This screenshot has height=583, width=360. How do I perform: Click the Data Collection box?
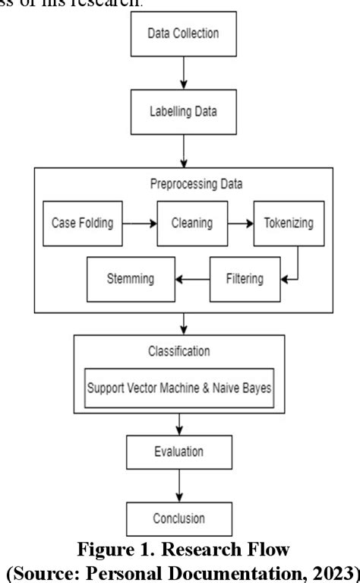click(183, 34)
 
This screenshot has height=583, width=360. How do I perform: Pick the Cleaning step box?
click(191, 223)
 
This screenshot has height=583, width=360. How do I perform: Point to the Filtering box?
click(244, 278)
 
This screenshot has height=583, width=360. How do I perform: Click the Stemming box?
click(131, 278)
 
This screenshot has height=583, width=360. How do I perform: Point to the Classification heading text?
click(180, 352)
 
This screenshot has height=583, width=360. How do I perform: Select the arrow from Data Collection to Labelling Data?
click(183, 70)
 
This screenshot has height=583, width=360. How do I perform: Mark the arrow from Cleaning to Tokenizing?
click(239, 223)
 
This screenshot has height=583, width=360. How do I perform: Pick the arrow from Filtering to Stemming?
click(192, 278)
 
